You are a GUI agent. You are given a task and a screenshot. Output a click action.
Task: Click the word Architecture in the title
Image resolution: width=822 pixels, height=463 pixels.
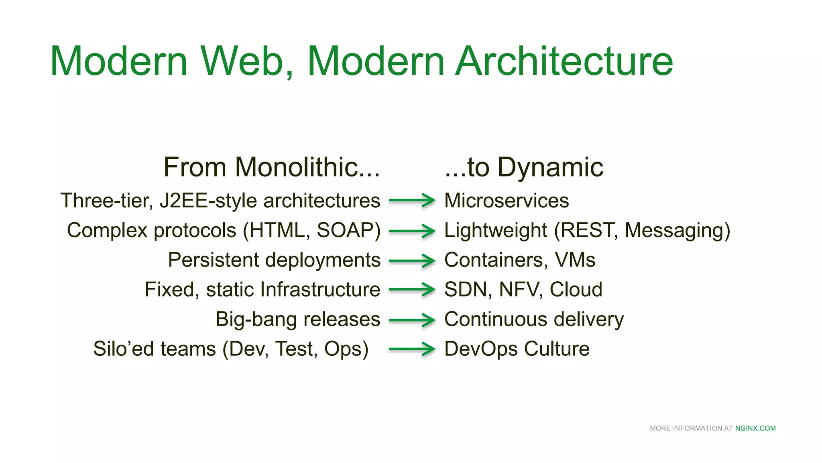[564, 61]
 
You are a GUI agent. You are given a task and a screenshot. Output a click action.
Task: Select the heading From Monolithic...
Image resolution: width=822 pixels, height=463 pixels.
[271, 167]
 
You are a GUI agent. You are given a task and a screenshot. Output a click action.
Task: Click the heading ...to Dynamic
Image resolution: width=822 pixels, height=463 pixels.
[524, 167]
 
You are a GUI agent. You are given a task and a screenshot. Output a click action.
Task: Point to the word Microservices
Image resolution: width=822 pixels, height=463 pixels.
[507, 201]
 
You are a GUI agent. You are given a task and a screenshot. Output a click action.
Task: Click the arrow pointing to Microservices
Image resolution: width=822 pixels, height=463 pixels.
[412, 200]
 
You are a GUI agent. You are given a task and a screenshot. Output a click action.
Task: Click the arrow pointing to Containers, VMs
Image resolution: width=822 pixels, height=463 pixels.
[412, 260]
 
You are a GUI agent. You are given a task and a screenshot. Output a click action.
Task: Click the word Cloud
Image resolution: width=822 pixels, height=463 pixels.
[576, 290]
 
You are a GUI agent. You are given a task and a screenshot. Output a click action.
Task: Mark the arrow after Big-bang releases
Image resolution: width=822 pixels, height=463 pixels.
[412, 320]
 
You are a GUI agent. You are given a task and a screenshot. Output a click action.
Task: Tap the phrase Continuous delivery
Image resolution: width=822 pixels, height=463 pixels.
[534, 320]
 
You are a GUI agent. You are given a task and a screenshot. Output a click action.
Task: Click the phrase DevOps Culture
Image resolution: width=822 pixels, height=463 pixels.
[517, 349]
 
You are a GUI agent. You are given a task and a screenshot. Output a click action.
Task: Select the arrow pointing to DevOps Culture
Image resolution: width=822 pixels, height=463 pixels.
[412, 349]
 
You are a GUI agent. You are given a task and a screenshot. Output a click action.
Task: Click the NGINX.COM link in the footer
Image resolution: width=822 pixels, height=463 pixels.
[755, 428]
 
